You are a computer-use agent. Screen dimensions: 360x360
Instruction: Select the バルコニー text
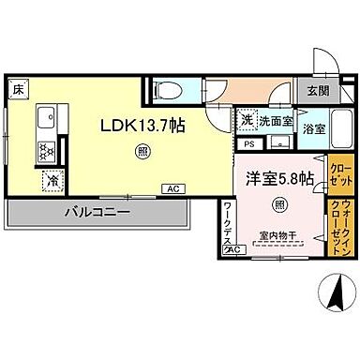pos(97,213)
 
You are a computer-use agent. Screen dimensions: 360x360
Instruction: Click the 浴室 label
pos(314,129)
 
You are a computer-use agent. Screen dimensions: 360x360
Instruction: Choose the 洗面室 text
pos(276,120)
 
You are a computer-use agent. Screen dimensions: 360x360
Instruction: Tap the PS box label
pos(248,143)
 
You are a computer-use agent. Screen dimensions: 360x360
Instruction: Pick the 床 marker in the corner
pos(19,89)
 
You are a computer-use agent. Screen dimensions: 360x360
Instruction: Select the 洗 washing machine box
pos(246,119)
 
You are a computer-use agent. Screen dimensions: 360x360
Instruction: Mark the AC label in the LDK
pos(171,188)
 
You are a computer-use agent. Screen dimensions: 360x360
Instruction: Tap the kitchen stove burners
pos(44,149)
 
